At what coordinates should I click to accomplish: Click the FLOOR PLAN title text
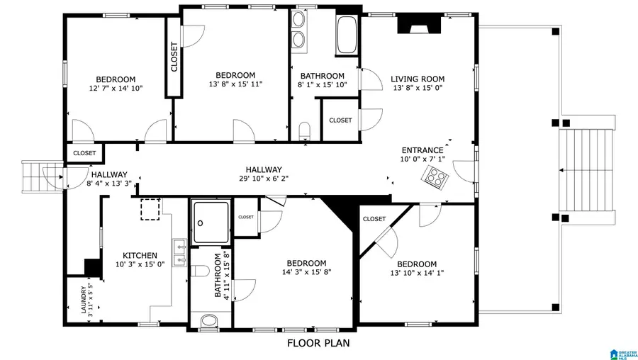[x=318, y=344]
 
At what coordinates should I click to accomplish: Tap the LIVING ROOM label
[x=418, y=79]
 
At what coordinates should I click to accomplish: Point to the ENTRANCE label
[x=422, y=150]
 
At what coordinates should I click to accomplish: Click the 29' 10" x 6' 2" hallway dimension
[x=264, y=179]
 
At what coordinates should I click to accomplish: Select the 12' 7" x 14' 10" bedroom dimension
[x=116, y=89]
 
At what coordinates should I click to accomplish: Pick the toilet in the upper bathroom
[x=305, y=130]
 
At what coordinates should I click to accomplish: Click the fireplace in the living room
[x=418, y=24]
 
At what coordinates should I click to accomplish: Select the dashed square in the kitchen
[x=150, y=210]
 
